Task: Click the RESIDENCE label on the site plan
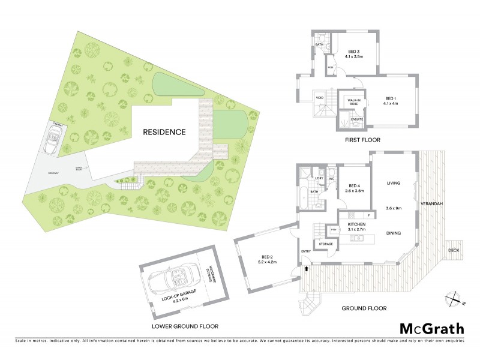point(164,131)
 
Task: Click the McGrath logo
point(431,328)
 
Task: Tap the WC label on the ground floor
point(331,179)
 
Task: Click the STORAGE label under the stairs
point(326,244)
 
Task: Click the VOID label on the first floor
point(319,98)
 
